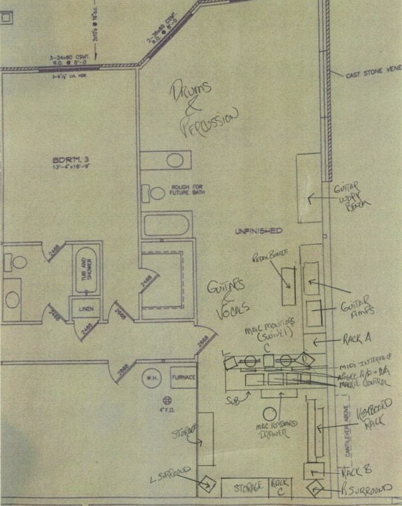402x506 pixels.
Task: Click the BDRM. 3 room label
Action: (x=70, y=164)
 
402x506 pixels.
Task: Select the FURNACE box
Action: (x=183, y=377)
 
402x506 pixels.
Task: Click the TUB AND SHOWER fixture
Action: (x=87, y=271)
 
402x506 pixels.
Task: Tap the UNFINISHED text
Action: (x=258, y=231)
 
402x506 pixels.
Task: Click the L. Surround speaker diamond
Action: (x=207, y=484)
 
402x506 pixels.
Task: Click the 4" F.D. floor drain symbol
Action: (x=167, y=399)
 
